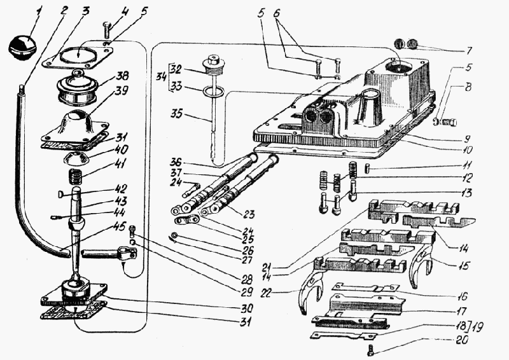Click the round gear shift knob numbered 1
point(22,48)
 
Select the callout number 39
point(121,90)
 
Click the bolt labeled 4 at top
point(107,30)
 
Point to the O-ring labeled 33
point(213,92)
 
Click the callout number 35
point(176,115)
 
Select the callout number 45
point(118,226)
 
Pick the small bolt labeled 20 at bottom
point(371,349)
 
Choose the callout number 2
point(64,10)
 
